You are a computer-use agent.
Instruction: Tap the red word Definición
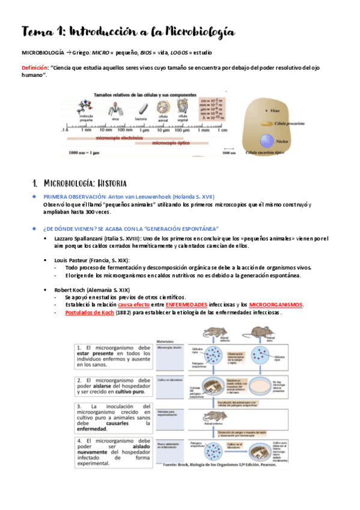[x=35, y=68]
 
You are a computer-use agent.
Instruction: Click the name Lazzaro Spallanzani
[x=84, y=238]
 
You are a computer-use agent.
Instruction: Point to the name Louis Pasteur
[x=73, y=260]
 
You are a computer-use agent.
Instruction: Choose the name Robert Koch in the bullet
[x=72, y=289]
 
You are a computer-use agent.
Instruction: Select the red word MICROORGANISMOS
[x=276, y=305]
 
